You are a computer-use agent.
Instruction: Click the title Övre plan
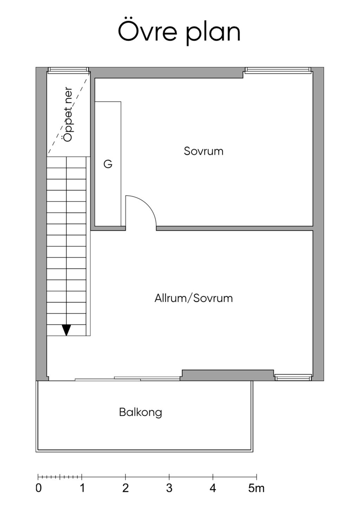[179, 32]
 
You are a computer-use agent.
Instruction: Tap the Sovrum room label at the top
[204, 151]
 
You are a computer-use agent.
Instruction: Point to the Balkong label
[141, 412]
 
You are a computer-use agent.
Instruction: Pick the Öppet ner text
[68, 115]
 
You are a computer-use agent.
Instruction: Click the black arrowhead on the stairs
[66, 330]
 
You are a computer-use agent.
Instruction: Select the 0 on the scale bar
[39, 488]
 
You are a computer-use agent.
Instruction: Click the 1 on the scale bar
[82, 488]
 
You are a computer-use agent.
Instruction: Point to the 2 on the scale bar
[126, 488]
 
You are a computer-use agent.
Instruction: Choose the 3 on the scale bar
[169, 488]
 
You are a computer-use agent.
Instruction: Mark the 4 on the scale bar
[213, 488]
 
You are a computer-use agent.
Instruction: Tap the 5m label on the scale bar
[256, 488]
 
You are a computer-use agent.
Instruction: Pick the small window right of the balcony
[293, 378]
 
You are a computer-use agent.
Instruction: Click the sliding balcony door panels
[127, 379]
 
